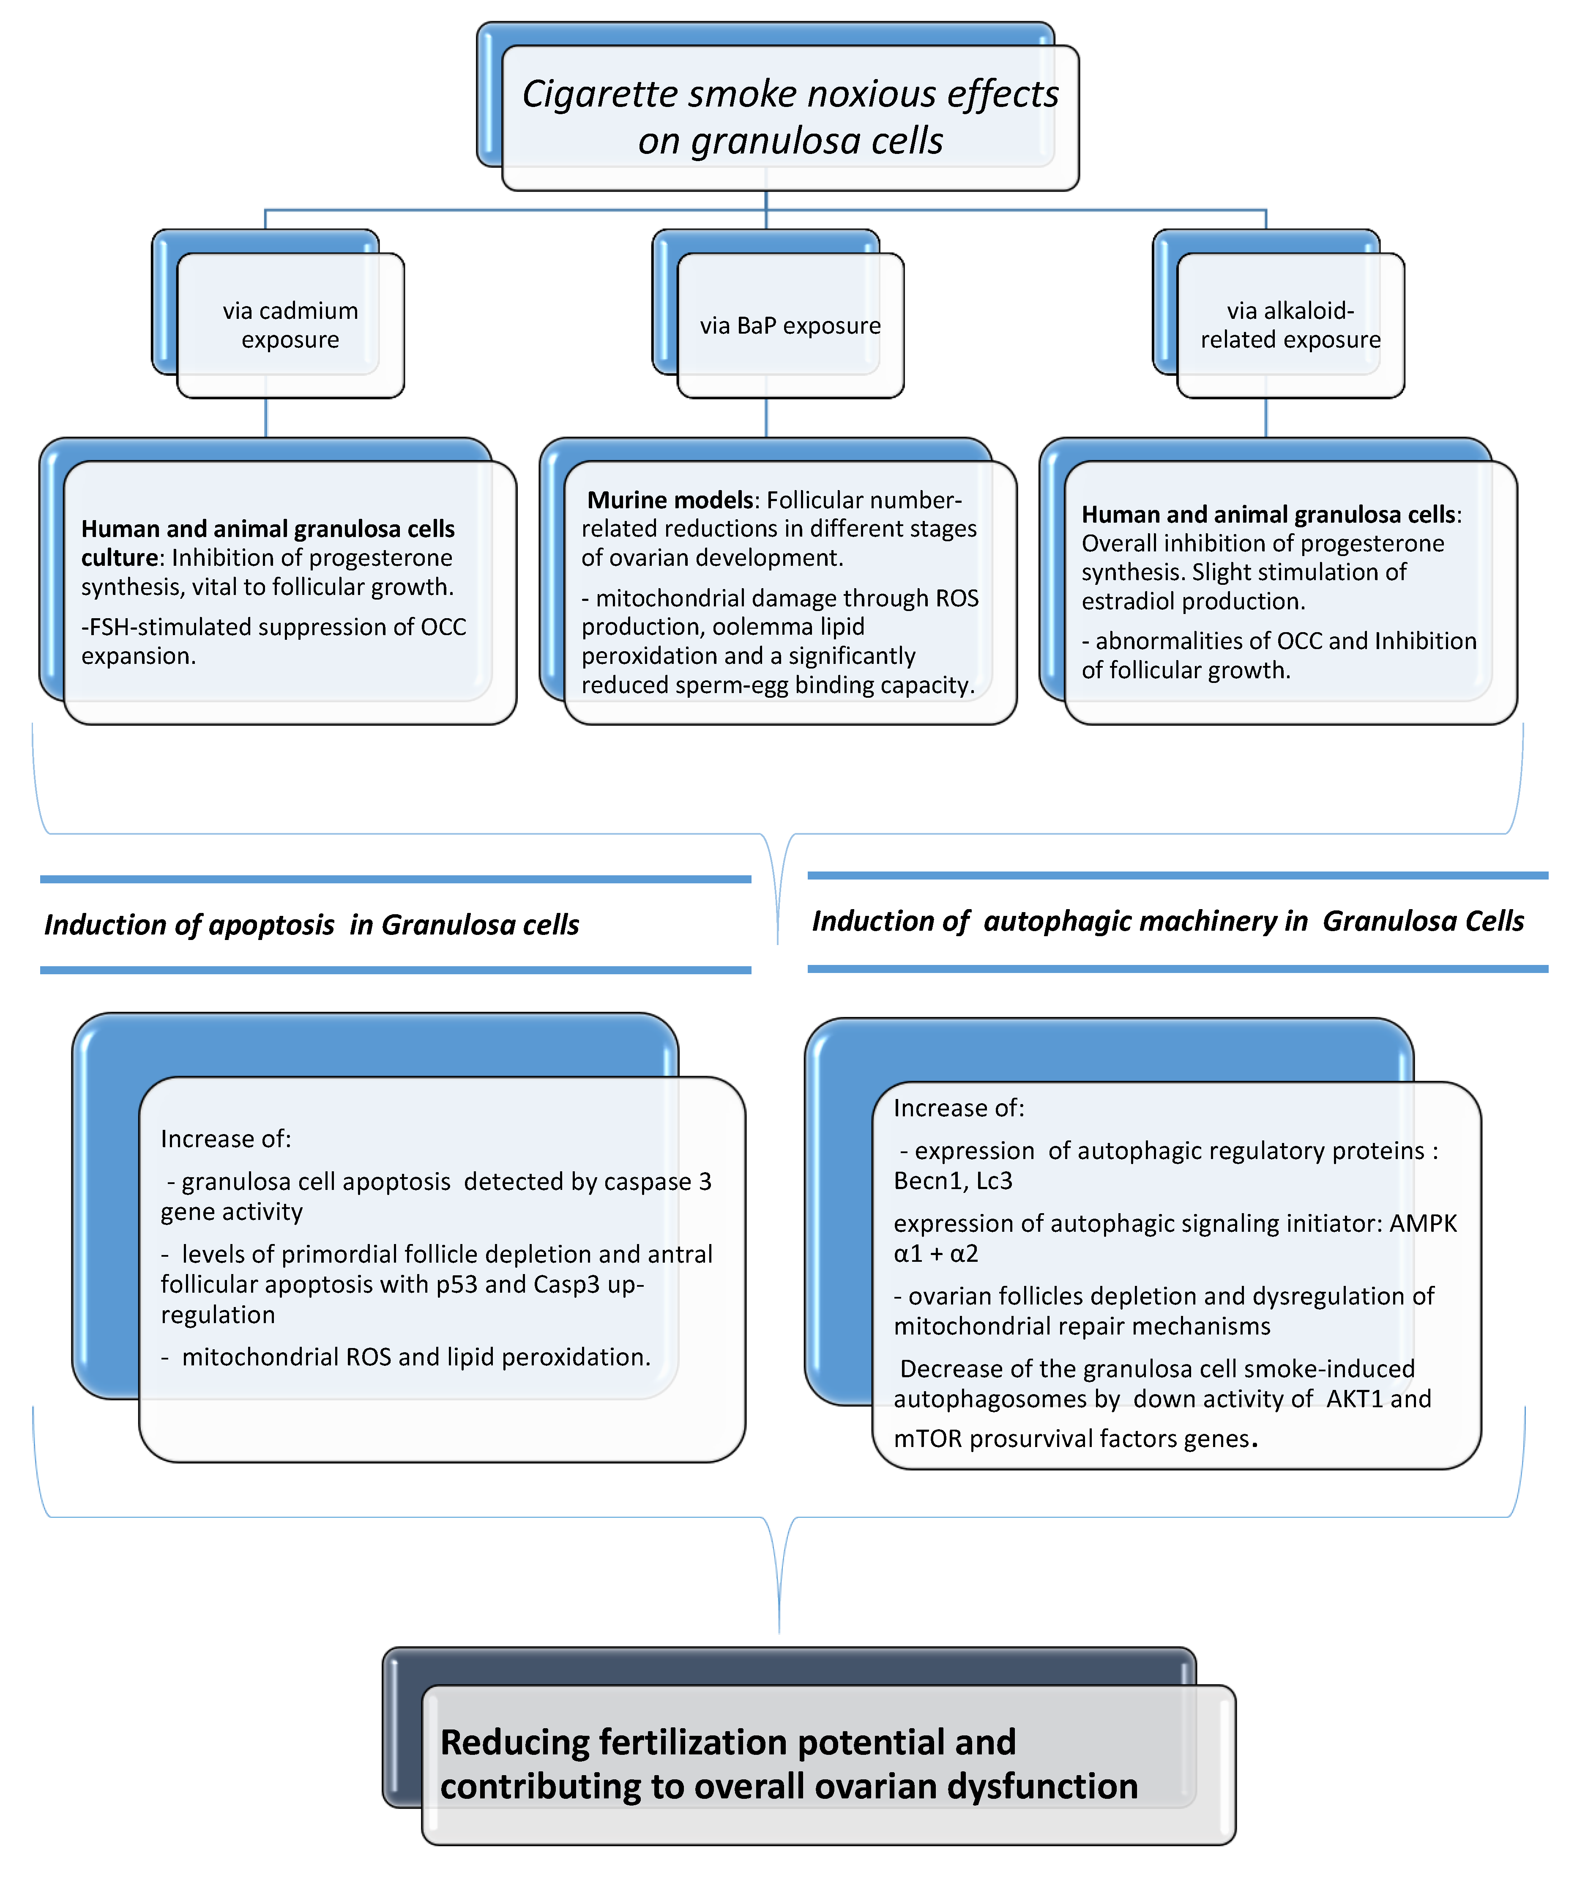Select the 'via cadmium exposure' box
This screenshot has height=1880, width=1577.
click(290, 325)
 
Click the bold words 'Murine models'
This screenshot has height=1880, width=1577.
click(670, 499)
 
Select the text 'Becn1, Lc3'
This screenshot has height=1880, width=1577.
click(952, 1181)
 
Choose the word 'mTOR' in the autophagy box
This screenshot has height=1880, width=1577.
click(927, 1439)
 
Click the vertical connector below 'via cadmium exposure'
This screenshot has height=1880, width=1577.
click(266, 417)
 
